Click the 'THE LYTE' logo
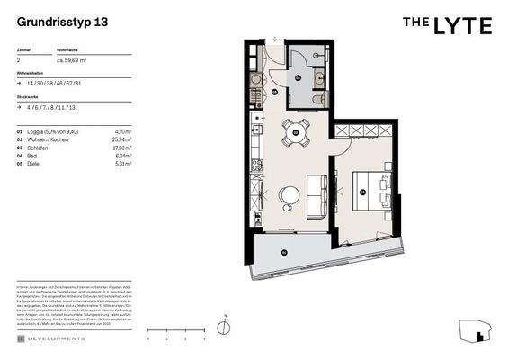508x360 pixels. pyautogui.click(x=447, y=25)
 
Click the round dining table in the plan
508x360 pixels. pyautogui.click(x=295, y=130)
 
